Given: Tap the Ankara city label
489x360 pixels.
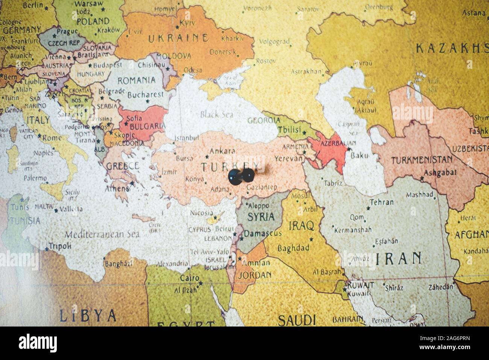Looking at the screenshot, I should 222,151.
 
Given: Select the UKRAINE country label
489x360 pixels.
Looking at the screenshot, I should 178,38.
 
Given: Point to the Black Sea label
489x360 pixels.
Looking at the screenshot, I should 217,115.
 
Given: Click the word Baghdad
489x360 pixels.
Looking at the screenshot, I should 293,248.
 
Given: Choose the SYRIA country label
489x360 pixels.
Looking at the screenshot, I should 261,217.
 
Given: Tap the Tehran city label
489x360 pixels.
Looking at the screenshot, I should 381,202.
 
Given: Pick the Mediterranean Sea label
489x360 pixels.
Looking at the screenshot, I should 102,234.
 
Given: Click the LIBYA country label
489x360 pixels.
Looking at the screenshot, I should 88,315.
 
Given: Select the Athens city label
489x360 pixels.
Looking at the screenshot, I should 117,188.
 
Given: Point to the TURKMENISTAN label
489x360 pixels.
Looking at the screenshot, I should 422,160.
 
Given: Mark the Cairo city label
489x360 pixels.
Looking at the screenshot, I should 189,278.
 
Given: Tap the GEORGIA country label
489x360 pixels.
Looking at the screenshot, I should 264,120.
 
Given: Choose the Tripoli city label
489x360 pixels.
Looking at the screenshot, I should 60,246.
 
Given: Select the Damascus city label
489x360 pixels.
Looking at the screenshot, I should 263,234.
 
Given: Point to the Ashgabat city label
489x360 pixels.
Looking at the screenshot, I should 440,173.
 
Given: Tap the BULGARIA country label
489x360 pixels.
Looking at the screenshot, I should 143,126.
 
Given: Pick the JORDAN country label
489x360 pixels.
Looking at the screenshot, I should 254,275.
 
